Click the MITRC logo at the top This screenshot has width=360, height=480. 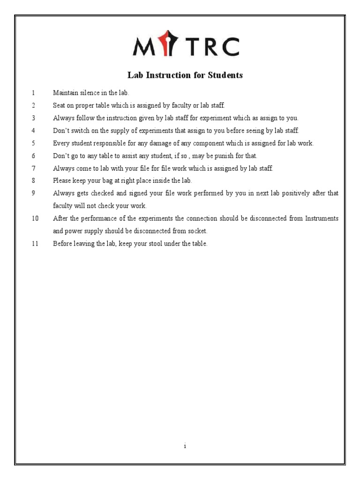(x=186, y=47)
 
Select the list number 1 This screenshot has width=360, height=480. (x=34, y=93)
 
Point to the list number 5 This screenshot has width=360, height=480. (x=34, y=143)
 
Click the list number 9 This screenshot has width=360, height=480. (x=34, y=193)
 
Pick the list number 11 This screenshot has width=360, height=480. (x=35, y=244)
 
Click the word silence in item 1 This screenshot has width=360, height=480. (x=90, y=93)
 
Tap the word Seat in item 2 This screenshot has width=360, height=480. (x=60, y=106)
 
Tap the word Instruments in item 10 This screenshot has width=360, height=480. (x=322, y=218)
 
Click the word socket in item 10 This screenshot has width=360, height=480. (x=197, y=231)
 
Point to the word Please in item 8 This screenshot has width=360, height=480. (x=62, y=180)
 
